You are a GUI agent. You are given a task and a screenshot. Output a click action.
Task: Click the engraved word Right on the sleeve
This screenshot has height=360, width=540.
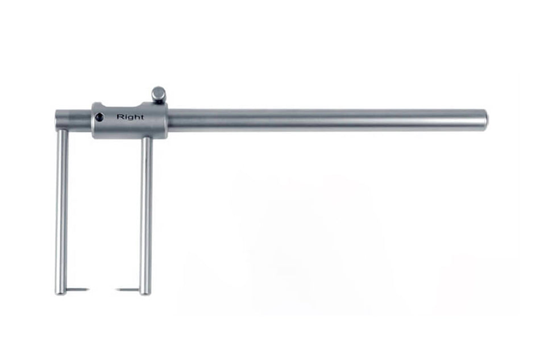point(130,117)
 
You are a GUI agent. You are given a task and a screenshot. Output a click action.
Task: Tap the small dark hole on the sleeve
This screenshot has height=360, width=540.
point(99,117)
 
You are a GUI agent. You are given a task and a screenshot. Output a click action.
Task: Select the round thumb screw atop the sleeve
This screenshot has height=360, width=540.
point(159,94)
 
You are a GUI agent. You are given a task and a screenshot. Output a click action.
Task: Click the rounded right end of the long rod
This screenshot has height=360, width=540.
point(484,118)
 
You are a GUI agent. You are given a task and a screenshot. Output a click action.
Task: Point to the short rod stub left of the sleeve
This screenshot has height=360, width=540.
point(73,119)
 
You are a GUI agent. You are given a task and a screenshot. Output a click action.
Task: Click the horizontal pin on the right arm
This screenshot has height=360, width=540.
point(128,290)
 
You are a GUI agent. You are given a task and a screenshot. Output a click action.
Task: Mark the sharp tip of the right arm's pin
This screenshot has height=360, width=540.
point(117,290)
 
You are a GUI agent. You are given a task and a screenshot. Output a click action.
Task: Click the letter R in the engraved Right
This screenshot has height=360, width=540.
point(119,117)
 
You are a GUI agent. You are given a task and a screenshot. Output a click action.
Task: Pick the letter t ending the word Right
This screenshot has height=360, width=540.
point(142,117)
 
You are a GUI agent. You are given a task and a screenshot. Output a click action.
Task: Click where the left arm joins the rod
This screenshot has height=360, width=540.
point(62,130)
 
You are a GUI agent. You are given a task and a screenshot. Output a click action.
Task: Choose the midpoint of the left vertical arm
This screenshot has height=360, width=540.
point(61,210)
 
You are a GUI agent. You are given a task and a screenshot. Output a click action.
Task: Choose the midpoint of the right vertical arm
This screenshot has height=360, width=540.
point(146,215)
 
